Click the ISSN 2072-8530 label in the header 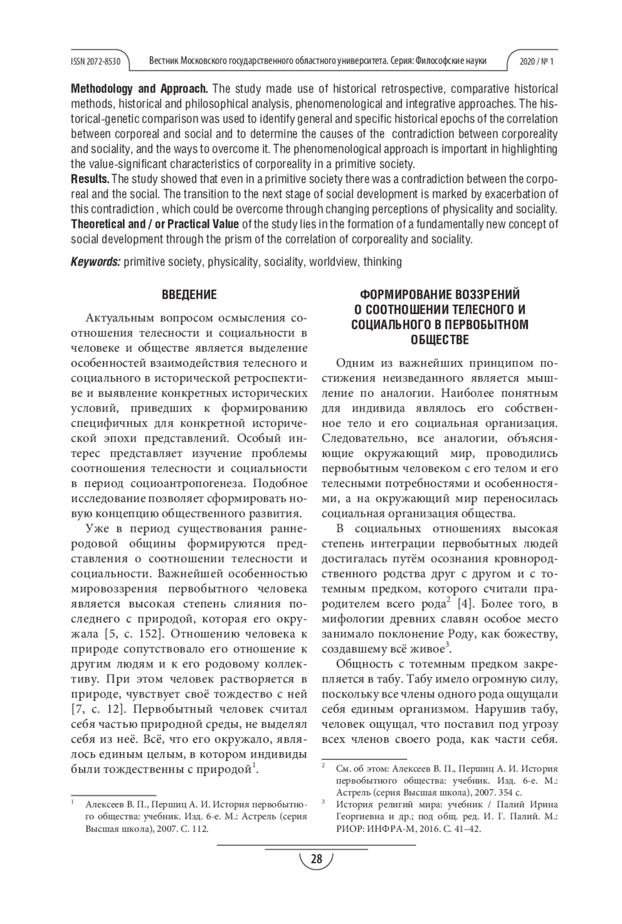coord(95,62)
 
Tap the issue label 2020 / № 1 coord(536,62)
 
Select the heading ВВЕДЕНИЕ coord(189,295)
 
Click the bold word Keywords coord(95,262)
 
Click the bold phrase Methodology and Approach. coord(139,89)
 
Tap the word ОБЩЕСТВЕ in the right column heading coord(440,340)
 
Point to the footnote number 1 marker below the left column coord(73,803)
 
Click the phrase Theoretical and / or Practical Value coord(154,224)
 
